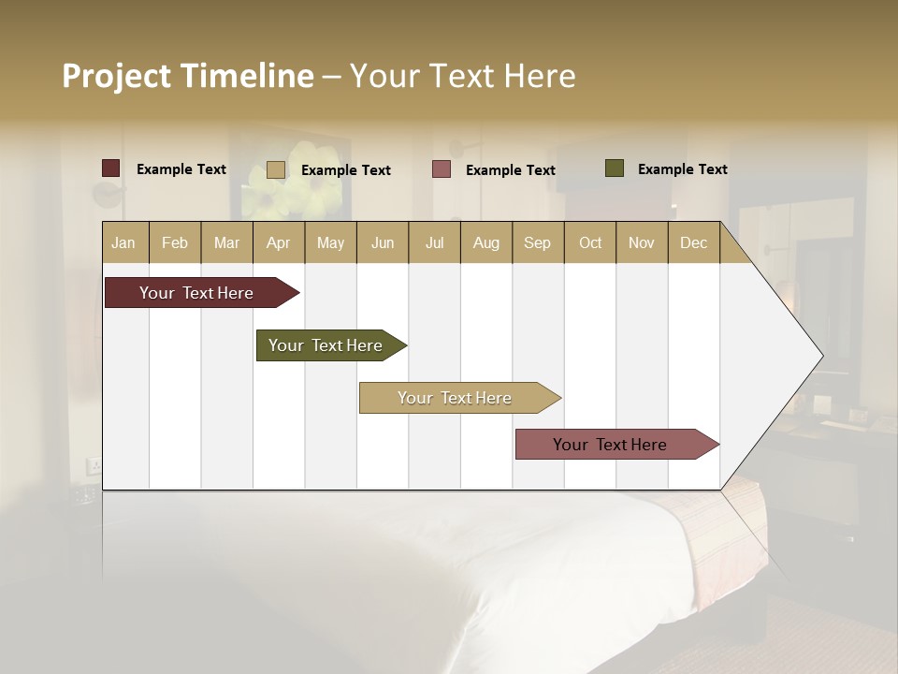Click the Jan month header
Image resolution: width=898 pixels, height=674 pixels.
point(124,242)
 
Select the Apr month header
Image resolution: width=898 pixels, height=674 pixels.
point(279,242)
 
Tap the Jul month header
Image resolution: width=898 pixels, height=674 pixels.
point(434,242)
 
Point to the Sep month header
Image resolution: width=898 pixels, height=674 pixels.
point(538,242)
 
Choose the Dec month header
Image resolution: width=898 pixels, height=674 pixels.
point(693,242)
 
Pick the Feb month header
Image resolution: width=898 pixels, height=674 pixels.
point(175,242)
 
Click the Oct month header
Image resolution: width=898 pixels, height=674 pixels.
point(590,242)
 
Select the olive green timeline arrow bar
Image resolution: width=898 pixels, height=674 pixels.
point(327,345)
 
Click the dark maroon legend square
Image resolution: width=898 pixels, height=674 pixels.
point(111,168)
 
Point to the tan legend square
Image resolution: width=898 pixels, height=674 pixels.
point(276,169)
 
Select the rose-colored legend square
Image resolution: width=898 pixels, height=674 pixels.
point(442,169)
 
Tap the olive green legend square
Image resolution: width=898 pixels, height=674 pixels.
point(615,168)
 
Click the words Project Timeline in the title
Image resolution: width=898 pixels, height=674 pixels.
point(188,76)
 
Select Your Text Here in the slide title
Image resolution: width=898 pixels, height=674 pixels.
point(463,76)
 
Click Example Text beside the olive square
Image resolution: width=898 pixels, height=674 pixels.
point(682,168)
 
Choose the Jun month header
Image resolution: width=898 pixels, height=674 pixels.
point(383,242)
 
